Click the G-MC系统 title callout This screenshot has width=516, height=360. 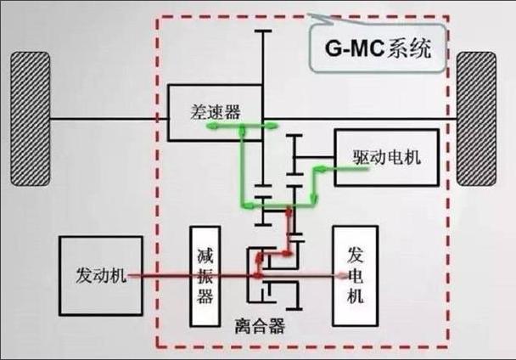click(378, 48)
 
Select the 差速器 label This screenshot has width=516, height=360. click(216, 112)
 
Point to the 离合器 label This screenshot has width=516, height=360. click(260, 326)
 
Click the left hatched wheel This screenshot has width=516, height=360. click(31, 119)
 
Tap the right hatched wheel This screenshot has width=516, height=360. click(476, 119)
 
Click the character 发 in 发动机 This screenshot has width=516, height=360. click(84, 275)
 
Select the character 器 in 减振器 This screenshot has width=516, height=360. click(205, 295)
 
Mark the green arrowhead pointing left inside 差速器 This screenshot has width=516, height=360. click(211, 126)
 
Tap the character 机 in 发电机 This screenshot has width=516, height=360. click(356, 295)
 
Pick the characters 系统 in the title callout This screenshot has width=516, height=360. click(409, 48)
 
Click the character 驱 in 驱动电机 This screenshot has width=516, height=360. click(362, 157)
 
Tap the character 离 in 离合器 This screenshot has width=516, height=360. click(243, 326)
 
